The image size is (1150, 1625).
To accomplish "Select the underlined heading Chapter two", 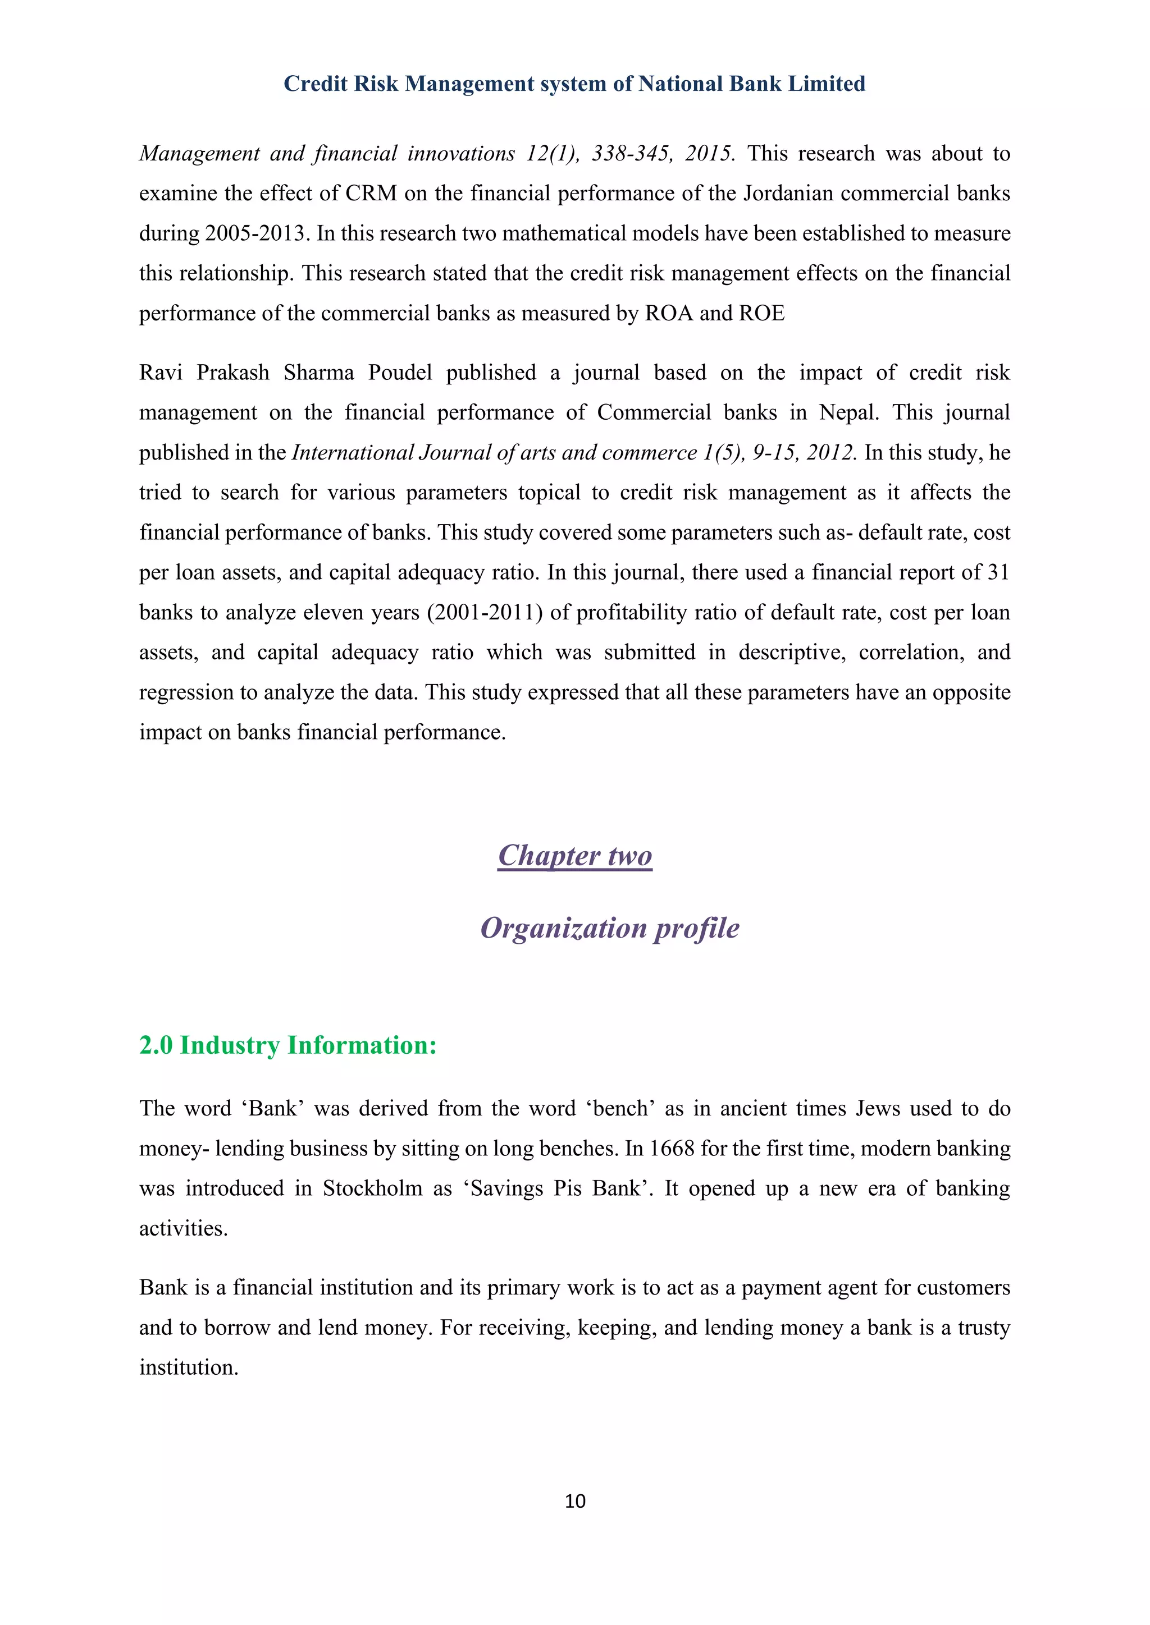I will pyautogui.click(x=574, y=856).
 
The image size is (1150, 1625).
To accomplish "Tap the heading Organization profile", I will pyautogui.click(x=609, y=928).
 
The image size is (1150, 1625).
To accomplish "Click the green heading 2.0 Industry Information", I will pyautogui.click(x=287, y=1045).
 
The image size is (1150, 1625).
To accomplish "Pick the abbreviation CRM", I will pyautogui.click(x=371, y=193).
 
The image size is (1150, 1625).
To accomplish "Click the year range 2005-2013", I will pyautogui.click(x=257, y=233).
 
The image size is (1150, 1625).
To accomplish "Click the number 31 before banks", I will pyautogui.click(x=998, y=572).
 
